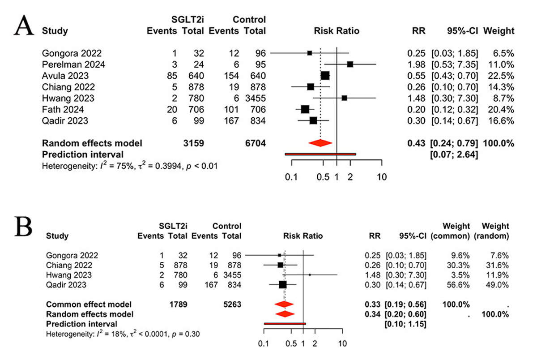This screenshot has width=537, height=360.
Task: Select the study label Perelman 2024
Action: point(74,64)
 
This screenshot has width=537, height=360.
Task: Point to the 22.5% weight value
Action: point(503,75)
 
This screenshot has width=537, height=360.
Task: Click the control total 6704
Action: point(255,143)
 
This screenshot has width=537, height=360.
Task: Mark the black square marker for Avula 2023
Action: point(325,75)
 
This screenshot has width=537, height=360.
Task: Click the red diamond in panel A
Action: point(320,143)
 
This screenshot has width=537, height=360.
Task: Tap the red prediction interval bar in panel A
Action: point(320,154)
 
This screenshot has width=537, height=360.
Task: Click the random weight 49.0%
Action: point(499,284)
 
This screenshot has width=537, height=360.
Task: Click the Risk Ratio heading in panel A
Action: point(337,31)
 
